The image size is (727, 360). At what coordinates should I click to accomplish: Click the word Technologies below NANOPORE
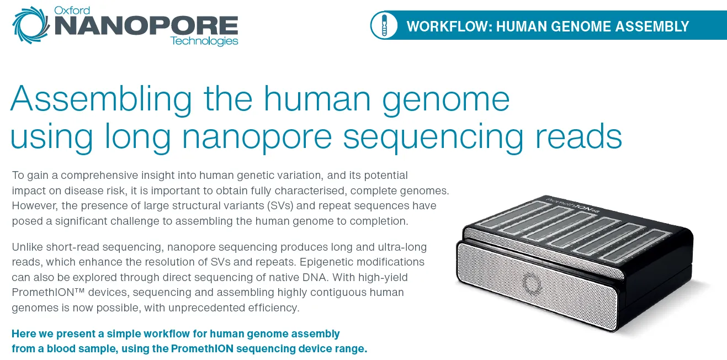tap(204, 41)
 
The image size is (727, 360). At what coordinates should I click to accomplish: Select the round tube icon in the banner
tap(384, 25)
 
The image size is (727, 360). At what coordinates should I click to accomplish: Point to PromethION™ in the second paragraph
tap(44, 292)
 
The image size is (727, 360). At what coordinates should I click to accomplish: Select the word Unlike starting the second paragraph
tap(27, 246)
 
